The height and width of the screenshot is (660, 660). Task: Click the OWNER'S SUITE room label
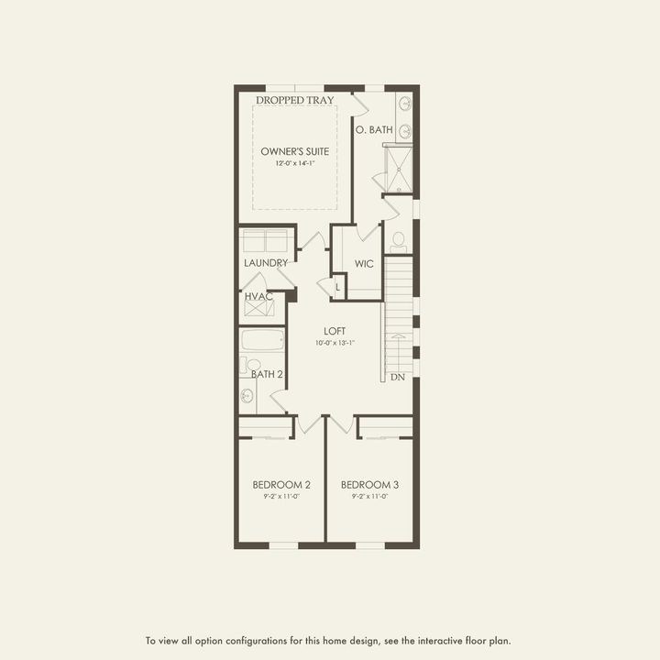click(294, 150)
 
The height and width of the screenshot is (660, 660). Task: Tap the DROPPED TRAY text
click(294, 100)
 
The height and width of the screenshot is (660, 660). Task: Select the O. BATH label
click(376, 130)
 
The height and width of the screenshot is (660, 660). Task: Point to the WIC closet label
click(364, 264)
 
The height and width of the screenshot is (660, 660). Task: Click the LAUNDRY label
click(266, 263)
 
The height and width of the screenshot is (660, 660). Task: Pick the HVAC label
click(258, 296)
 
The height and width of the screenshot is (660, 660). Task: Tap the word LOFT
click(333, 331)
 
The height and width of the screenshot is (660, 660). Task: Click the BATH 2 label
click(266, 373)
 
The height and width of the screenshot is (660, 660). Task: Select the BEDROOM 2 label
click(281, 484)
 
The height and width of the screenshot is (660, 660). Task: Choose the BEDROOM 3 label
click(369, 484)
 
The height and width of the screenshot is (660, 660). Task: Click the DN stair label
click(398, 377)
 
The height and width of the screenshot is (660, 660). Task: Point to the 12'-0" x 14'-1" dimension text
click(294, 163)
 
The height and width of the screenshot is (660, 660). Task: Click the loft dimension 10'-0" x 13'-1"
click(333, 343)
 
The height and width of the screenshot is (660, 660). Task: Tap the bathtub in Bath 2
click(264, 341)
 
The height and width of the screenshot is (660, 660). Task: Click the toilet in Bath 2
click(253, 365)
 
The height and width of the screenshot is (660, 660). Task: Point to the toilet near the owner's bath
click(398, 242)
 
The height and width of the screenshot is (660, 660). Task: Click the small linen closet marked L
click(337, 287)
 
